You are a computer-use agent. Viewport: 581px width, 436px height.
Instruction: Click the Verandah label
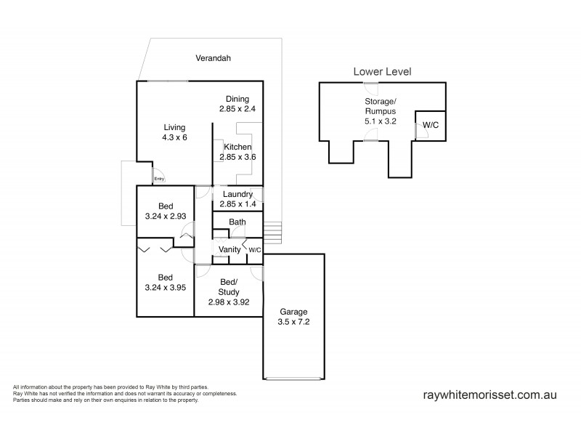tap(217, 57)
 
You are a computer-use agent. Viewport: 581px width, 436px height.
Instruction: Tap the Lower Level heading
tap(382, 71)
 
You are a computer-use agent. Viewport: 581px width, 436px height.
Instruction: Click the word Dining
tap(237, 99)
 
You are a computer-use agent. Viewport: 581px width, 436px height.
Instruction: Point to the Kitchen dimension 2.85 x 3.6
tap(237, 157)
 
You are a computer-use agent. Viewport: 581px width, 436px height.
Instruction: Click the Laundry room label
tap(237, 194)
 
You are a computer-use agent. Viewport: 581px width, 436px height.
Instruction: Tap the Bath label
tap(237, 222)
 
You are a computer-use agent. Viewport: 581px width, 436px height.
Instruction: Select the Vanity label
tap(229, 250)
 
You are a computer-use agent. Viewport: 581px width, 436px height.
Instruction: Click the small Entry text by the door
tap(159, 179)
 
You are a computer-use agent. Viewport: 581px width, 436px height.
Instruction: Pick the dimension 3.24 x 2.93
tap(166, 216)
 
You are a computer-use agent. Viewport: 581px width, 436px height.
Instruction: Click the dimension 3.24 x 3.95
tap(166, 288)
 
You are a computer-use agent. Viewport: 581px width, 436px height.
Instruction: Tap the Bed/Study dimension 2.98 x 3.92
tap(229, 302)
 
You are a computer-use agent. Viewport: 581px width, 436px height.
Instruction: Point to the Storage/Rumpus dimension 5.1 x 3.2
tap(381, 121)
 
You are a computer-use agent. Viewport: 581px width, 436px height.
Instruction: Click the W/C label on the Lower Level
tap(431, 125)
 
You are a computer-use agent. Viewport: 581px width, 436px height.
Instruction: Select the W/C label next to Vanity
tap(255, 250)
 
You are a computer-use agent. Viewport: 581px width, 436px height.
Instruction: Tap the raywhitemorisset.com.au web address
tap(489, 395)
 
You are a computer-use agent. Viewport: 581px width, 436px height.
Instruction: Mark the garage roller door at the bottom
tap(293, 379)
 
